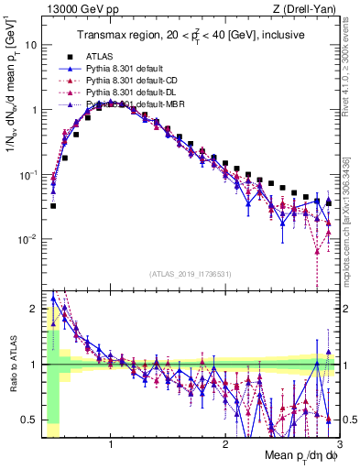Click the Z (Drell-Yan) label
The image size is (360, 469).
click(x=307, y=10)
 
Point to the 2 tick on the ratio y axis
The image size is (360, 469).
click(x=33, y=309)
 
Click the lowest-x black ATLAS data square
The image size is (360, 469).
click(x=53, y=206)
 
